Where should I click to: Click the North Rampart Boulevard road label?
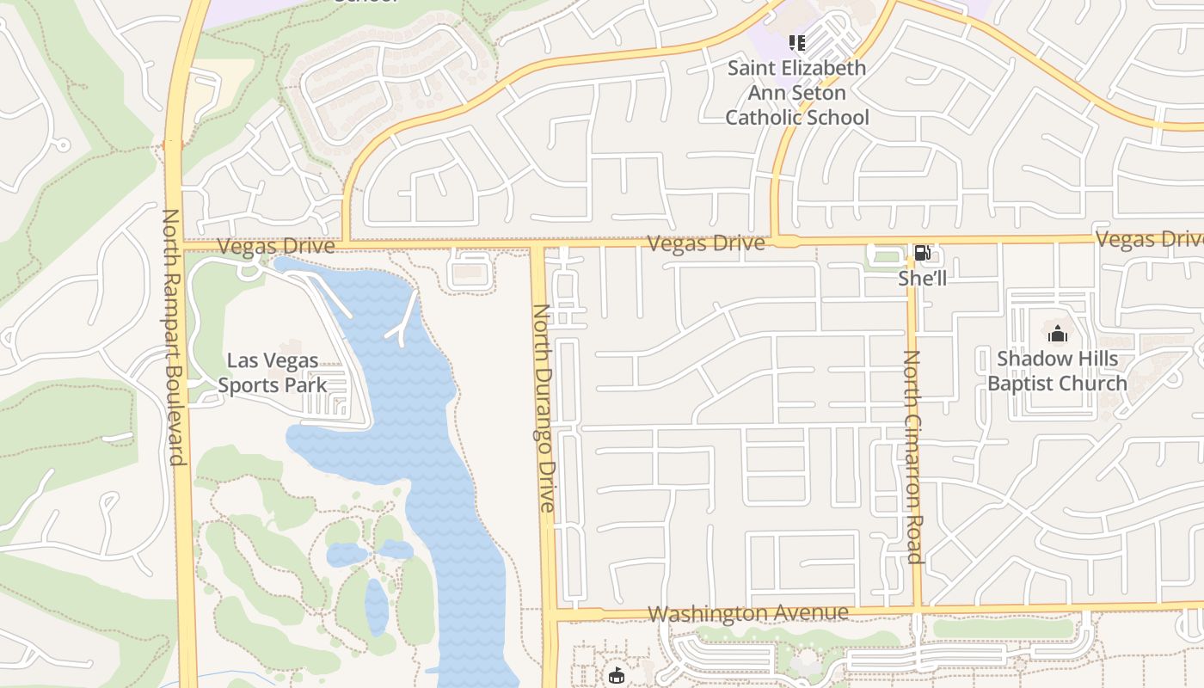(174, 336)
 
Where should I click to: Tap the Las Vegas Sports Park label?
(273, 372)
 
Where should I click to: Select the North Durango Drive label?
(544, 408)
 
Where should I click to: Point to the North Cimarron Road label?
(912, 456)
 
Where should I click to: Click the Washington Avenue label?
(747, 613)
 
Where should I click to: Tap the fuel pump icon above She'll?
(922, 253)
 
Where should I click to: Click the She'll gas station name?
(922, 278)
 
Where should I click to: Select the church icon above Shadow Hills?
(1057, 333)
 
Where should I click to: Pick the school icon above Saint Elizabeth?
(797, 42)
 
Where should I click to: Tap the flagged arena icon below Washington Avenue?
(617, 676)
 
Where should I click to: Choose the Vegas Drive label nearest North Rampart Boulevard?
(275, 247)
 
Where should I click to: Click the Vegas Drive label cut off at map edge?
(1150, 239)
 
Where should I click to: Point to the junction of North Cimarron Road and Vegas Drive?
(910, 241)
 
